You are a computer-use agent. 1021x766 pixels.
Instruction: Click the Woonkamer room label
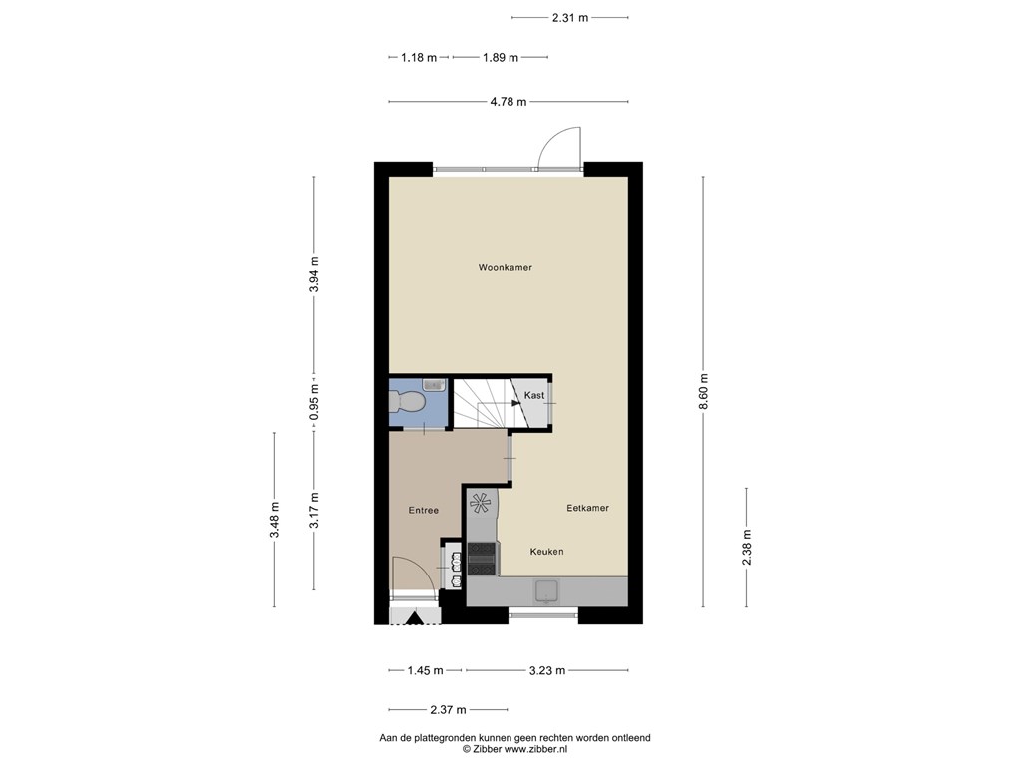coord(505,267)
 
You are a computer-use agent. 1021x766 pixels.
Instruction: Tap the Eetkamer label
coord(587,508)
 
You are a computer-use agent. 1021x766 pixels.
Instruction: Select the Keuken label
coord(546,552)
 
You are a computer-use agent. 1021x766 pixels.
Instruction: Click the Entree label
coord(423,511)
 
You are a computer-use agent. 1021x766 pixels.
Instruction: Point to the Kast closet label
coord(534,395)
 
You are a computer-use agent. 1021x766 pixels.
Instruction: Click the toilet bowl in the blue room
coord(407,402)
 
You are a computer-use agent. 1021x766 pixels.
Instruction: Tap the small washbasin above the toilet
coord(433,385)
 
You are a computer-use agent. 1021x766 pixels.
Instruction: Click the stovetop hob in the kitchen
coord(482,559)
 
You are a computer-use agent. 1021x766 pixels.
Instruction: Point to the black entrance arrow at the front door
coord(414,618)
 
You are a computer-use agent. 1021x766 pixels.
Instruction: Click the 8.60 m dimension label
coord(703,391)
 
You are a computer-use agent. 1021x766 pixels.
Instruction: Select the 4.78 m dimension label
coord(509,102)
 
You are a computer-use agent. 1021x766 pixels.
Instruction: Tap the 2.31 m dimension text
coord(569,18)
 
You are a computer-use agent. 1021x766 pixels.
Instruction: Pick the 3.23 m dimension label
coord(547,671)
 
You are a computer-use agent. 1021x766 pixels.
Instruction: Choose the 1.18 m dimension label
coord(419,57)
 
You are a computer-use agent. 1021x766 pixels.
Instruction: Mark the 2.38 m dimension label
coord(746,548)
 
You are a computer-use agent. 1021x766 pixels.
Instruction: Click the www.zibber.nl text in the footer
coord(535,750)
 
